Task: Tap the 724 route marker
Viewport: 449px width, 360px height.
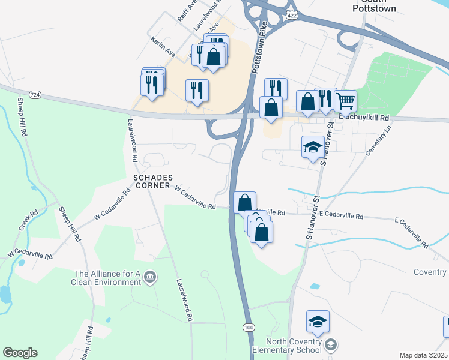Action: coord(37,95)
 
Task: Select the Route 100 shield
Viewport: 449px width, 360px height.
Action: coord(248,326)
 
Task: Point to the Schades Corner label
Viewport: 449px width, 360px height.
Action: coord(153,182)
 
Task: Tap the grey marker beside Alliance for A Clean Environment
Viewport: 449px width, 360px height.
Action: coord(150,277)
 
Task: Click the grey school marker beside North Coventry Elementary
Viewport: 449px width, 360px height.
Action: coord(330,345)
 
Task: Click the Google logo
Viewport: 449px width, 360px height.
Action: coord(20,353)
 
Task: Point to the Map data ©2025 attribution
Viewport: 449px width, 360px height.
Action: coord(423,355)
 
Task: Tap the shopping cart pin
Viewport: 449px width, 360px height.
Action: coord(345,101)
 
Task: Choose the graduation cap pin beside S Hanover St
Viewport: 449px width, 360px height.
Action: coord(313,148)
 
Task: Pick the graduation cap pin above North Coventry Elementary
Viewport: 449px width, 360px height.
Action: coord(318,322)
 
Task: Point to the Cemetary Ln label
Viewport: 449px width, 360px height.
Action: coord(379,142)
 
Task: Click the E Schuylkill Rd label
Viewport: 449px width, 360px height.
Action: coord(364,118)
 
